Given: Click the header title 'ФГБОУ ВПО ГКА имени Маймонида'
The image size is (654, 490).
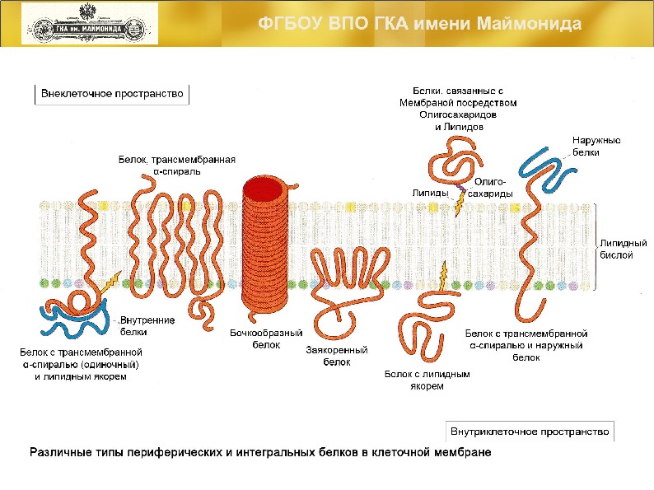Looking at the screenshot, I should coord(420,23).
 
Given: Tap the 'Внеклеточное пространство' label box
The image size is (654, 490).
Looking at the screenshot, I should coord(112,94).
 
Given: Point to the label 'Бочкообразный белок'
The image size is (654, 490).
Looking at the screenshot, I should coord(266,338).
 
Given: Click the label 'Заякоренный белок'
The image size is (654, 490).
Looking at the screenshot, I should coord(336,355).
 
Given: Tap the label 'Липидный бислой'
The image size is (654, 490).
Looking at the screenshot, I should coord(616,250).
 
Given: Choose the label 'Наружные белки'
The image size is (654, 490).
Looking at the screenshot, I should coord(596,146).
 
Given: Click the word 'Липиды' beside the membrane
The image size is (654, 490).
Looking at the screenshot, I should coord(430,193).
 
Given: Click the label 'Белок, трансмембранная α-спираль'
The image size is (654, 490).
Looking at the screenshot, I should coord(177,165).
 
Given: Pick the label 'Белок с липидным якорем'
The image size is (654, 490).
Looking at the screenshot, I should coord(427,380).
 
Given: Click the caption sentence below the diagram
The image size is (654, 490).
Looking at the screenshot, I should coord(260,453).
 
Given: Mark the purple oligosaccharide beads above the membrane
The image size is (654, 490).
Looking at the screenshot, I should coord(460,191).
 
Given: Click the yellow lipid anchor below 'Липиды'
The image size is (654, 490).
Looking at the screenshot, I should coord(457,206).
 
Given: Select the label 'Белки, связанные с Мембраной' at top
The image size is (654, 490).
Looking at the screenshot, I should coord(458,109).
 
